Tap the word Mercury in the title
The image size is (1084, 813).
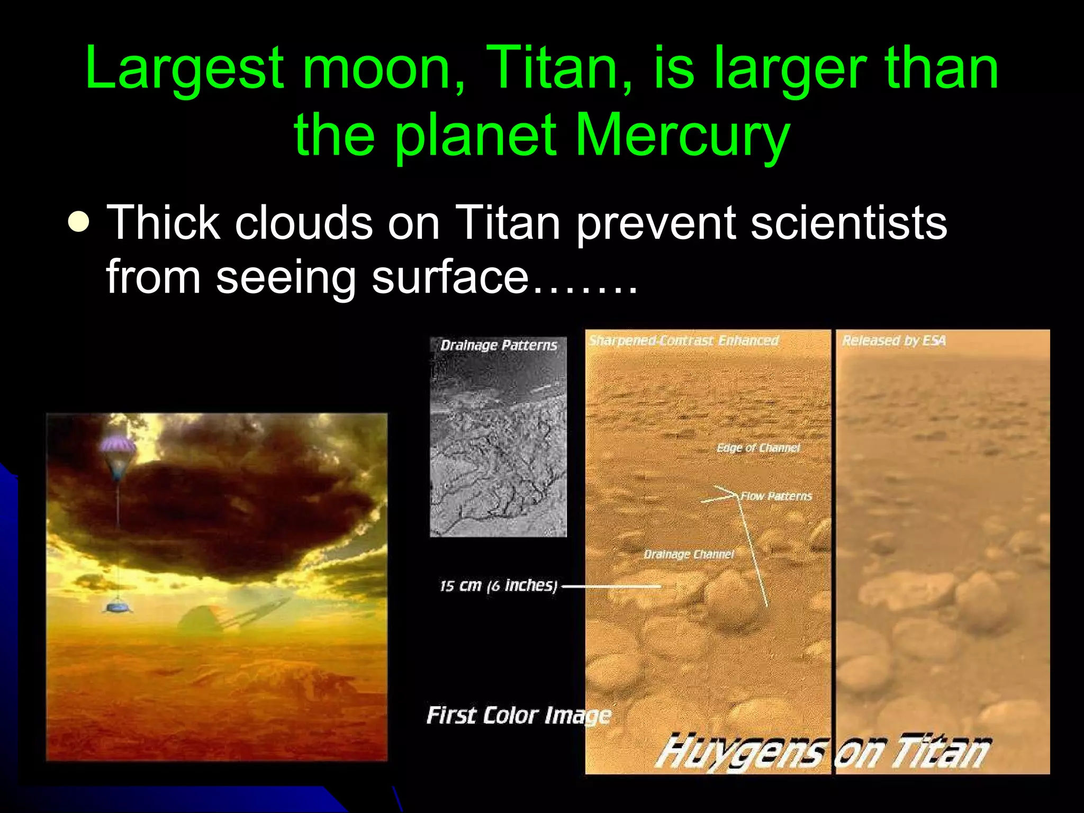coord(683,135)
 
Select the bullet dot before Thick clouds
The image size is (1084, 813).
coord(79,223)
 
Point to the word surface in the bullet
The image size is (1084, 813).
coord(450,277)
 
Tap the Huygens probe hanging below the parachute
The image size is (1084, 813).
coord(117,607)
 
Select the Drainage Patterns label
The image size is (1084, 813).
coord(499,346)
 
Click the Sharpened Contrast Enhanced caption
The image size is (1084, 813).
coord(683,340)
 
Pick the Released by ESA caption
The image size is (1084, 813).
coord(893,340)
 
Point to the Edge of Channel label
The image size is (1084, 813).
coord(758,448)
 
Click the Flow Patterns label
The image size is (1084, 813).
coord(776,496)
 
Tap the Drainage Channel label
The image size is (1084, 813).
coord(689,554)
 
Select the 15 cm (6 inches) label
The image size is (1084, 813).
coord(498,585)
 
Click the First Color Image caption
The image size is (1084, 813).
coord(518,716)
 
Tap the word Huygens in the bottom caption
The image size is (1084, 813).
coord(741,752)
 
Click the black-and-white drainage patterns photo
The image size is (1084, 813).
coord(498,450)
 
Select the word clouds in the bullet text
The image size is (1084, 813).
coord(304,223)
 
